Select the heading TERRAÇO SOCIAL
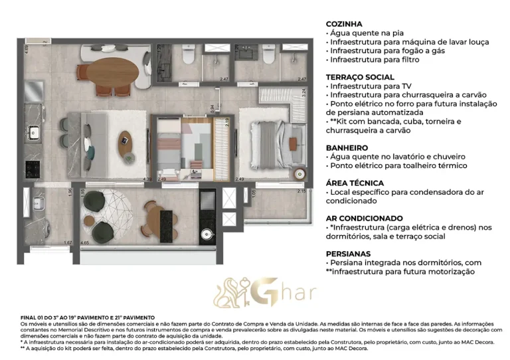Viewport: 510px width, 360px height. click(x=360, y=77)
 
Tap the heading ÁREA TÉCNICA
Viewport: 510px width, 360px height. click(x=355, y=183)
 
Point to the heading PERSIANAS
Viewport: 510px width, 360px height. click(x=349, y=253)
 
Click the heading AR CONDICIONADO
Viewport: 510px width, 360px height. click(x=365, y=218)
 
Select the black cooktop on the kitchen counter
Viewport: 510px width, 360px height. click(x=31, y=167)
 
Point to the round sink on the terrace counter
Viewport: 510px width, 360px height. click(x=207, y=234)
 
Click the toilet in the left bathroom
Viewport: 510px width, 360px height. click(x=189, y=58)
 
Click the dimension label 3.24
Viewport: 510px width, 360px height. click(x=303, y=93)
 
